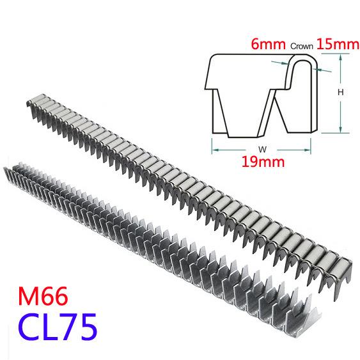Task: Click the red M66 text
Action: coord(43,296)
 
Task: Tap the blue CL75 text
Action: coord(58,327)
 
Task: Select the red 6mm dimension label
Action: coord(268,44)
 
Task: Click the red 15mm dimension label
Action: coord(338,44)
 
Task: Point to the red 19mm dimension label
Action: coord(263,162)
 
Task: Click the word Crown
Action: coord(301,46)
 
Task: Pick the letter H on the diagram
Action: coord(341,92)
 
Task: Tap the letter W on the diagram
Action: coord(262,150)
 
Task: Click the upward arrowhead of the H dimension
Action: coord(341,58)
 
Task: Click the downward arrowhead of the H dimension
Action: coord(341,129)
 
